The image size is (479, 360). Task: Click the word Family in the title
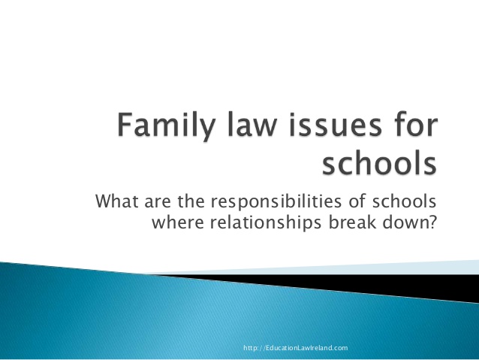pyautogui.click(x=166, y=126)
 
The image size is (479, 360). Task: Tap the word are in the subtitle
pyautogui.click(x=158, y=202)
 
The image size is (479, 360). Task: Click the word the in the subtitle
pyautogui.click(x=191, y=201)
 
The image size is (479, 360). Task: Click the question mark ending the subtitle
pyautogui.click(x=432, y=222)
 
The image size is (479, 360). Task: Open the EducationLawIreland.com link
pyautogui.click(x=296, y=348)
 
